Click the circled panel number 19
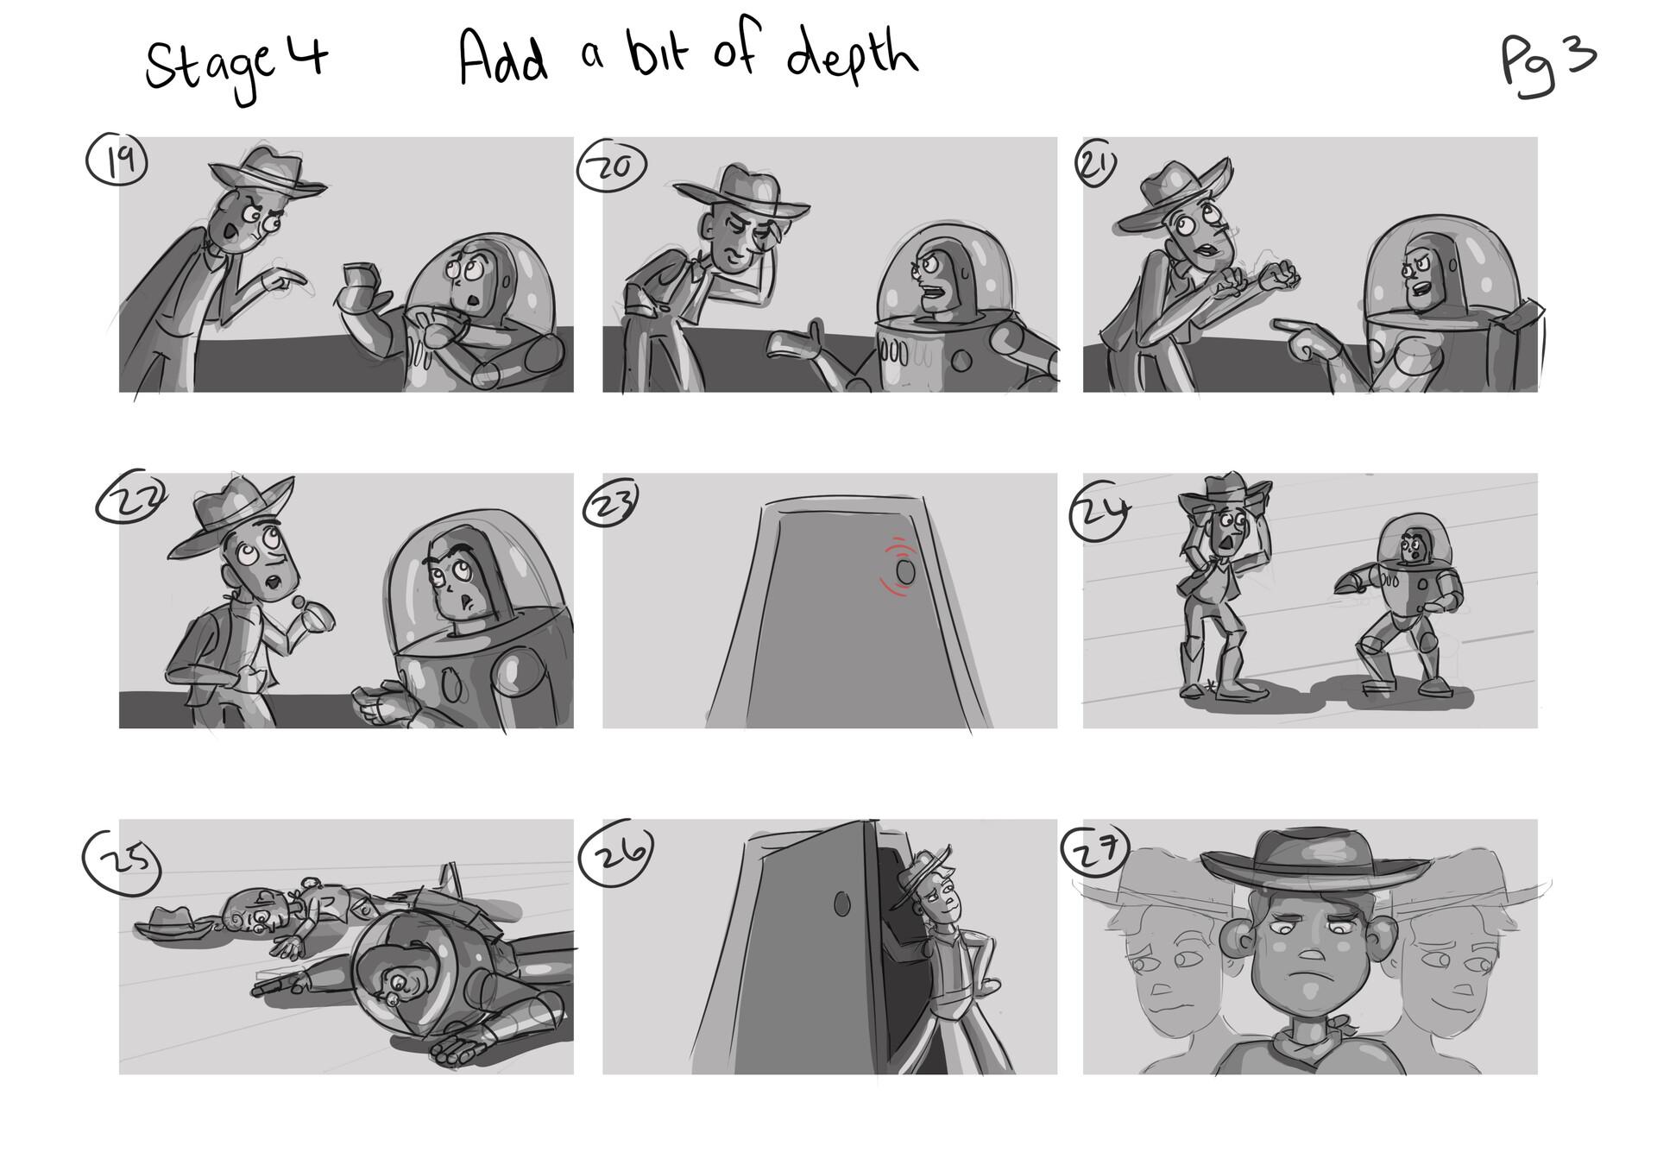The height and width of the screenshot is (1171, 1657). point(117,161)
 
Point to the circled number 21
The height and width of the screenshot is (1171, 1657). point(1096,167)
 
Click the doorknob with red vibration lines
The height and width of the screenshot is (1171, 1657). point(904,570)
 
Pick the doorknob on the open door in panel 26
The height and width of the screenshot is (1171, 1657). point(842,903)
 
